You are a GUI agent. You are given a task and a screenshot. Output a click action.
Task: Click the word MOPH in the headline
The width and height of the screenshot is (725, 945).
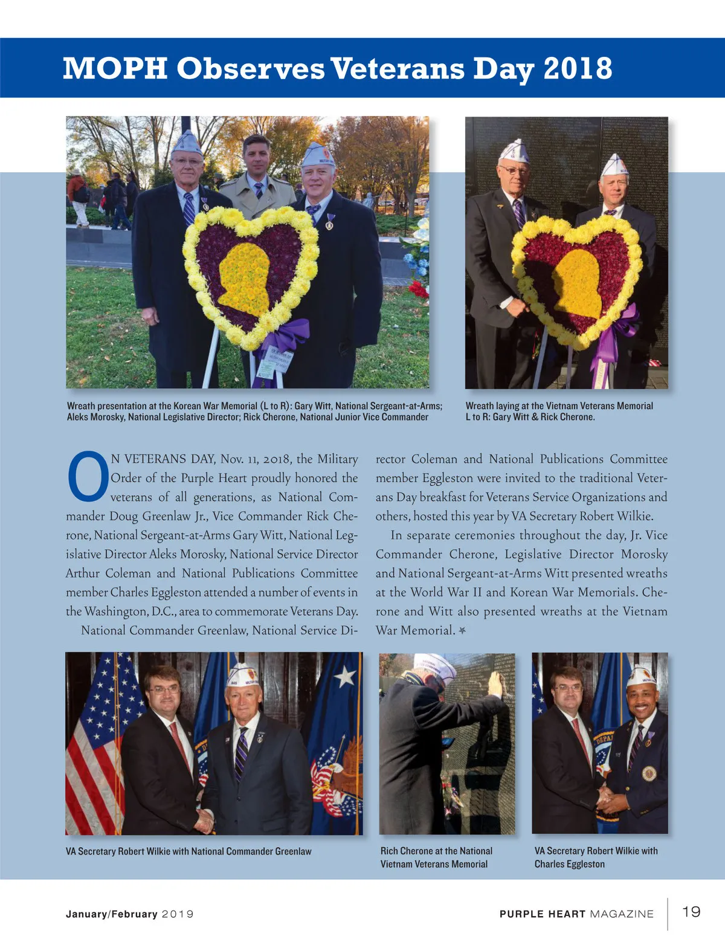click(x=115, y=68)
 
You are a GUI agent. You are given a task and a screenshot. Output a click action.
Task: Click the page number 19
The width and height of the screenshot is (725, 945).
click(x=691, y=911)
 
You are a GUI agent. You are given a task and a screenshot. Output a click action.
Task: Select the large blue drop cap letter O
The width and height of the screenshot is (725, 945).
click(x=88, y=477)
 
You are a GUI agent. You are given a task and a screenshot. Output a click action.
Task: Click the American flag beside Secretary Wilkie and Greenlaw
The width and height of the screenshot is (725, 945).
click(x=97, y=743)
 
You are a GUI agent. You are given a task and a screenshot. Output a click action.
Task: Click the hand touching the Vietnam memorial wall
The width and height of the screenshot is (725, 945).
click(x=495, y=683)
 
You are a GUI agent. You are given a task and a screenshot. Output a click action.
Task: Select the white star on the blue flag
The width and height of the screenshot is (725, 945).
click(x=345, y=677)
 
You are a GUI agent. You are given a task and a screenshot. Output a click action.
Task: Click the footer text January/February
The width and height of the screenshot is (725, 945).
click(x=112, y=914)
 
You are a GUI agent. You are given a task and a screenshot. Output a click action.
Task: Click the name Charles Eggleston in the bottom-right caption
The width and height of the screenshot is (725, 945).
click(x=569, y=864)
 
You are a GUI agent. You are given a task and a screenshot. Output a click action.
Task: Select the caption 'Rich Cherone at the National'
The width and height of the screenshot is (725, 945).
click(x=436, y=851)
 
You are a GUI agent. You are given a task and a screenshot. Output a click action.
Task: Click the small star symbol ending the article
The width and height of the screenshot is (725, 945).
click(x=462, y=631)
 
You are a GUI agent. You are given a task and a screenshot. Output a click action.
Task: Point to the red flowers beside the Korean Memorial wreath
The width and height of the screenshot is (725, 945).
click(x=418, y=289)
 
